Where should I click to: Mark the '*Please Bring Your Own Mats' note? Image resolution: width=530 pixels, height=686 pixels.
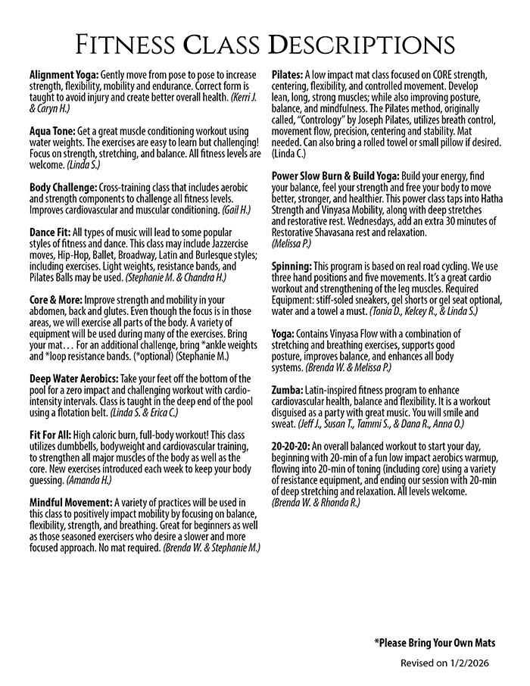pos(434,643)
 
